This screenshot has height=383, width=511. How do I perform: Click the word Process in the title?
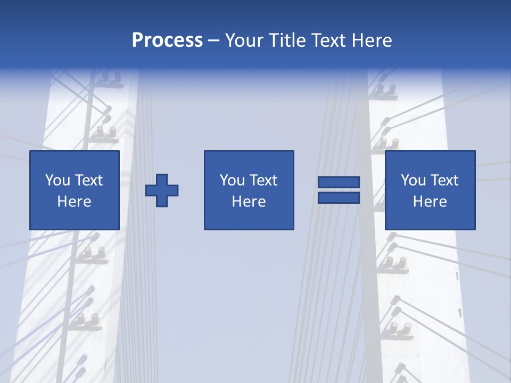point(167,40)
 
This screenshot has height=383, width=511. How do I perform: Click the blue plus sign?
point(162,190)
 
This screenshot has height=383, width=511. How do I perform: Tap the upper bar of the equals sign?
point(339,182)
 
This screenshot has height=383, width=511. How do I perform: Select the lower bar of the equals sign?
point(339,197)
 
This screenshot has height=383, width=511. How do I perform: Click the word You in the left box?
point(57,180)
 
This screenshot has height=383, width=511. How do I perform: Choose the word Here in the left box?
point(74,202)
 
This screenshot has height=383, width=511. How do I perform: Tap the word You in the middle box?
point(232,180)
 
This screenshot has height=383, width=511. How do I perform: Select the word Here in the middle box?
point(249,202)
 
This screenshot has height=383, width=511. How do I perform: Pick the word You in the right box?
point(413,180)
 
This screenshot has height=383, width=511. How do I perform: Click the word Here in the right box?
point(430,202)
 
